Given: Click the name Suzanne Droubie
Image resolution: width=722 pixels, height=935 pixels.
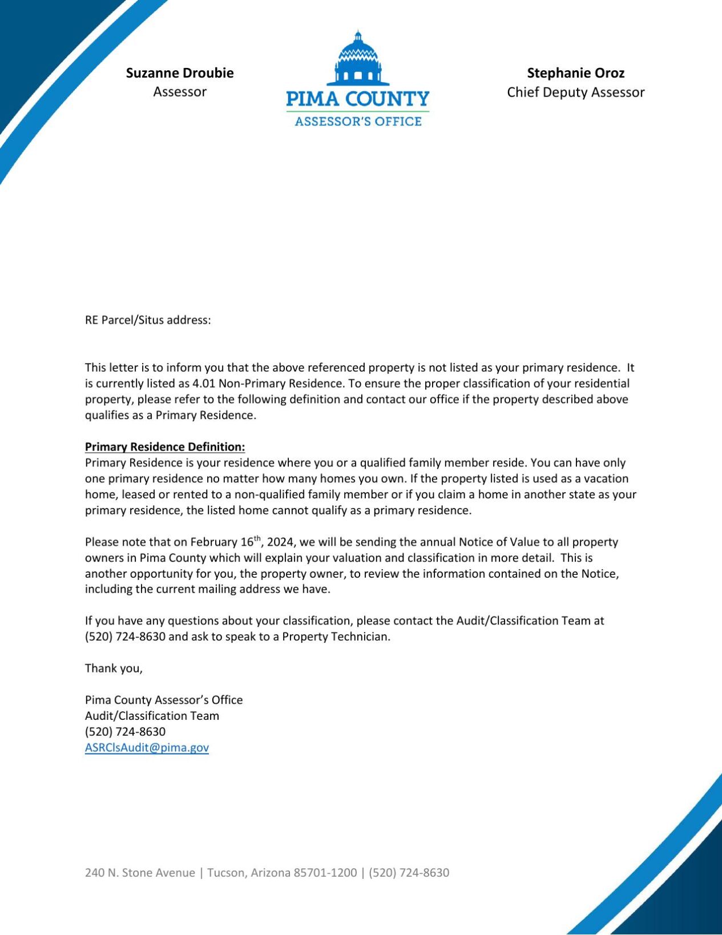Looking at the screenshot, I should coord(179,73).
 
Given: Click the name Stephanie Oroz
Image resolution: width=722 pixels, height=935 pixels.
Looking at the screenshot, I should coord(575,73).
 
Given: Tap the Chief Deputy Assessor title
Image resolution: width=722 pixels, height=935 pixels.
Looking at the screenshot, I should coord(575,92).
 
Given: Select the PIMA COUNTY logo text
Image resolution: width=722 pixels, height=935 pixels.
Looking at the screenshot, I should coord(357,99).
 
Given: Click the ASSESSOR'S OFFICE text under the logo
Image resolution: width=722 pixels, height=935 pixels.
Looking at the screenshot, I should coord(358,122).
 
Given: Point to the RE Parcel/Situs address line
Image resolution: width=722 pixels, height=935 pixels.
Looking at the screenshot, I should coord(148,320).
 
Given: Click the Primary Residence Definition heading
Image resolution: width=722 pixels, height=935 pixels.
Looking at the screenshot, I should coord(165,447).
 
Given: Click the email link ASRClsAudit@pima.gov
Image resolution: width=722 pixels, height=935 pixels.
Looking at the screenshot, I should coord(147,748).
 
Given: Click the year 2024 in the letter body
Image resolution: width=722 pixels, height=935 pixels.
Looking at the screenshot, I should coord(280,542).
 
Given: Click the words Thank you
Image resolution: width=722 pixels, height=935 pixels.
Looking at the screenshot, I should coord(114,668).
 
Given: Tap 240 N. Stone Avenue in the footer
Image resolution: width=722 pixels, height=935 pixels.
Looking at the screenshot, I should coord(140,873).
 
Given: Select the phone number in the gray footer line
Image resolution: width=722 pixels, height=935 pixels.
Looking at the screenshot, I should coord(409,873).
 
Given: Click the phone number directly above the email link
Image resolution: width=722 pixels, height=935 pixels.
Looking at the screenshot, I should coord(125,732).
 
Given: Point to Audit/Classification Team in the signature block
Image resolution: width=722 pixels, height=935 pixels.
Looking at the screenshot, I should coord(152,716).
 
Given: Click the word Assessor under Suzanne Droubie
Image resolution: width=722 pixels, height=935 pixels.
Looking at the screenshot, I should coord(179,92).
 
